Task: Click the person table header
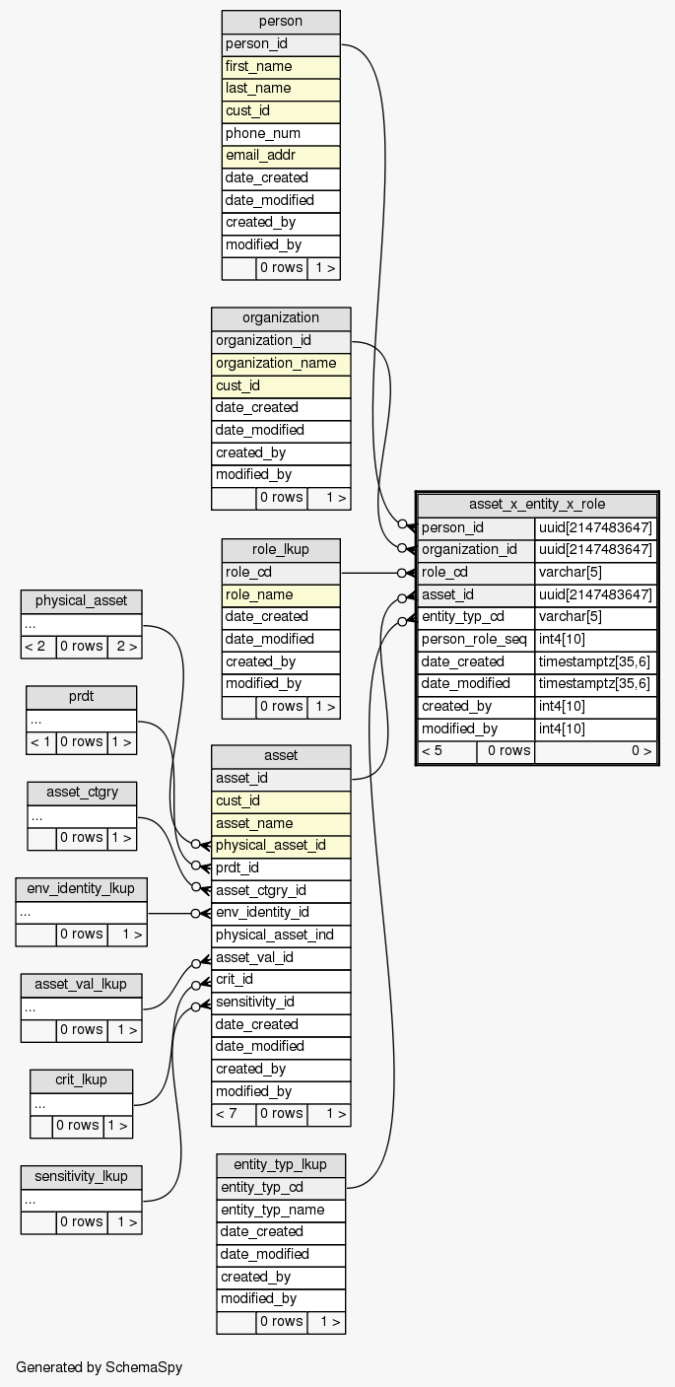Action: (x=281, y=22)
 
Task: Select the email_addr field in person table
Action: (x=281, y=156)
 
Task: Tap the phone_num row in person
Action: (x=281, y=133)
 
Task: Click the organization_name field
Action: (x=281, y=363)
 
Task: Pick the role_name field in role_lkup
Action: (x=281, y=594)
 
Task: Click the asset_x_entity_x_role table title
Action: (x=537, y=504)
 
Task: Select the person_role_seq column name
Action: (x=476, y=639)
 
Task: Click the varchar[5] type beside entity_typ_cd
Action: (x=595, y=617)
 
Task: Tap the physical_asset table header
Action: (x=82, y=601)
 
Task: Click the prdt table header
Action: (x=81, y=697)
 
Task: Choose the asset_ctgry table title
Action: (x=82, y=793)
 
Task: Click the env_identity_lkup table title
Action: (x=82, y=888)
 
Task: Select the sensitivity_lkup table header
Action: (x=82, y=1176)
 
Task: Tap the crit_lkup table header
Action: (x=82, y=1080)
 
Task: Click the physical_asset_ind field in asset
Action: (x=281, y=935)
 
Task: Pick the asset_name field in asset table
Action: (x=281, y=823)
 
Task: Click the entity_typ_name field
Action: (x=281, y=1210)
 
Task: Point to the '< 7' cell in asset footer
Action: (x=234, y=1114)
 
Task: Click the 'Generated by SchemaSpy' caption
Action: (x=99, y=1367)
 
